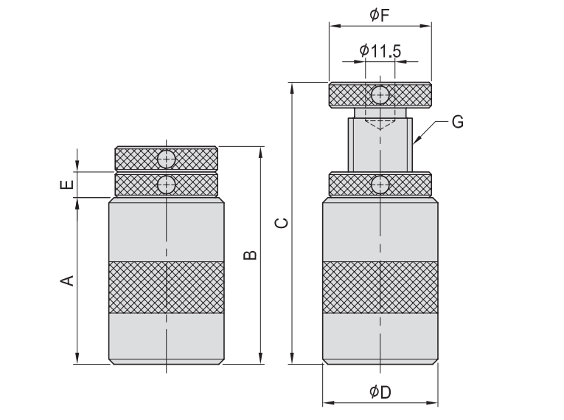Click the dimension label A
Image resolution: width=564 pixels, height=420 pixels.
point(67,280)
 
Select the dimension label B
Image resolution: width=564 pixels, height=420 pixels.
point(250,255)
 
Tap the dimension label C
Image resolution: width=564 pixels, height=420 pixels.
point(282,223)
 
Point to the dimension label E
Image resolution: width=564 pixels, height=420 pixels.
point(67,185)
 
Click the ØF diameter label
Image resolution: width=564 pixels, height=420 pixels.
point(380,15)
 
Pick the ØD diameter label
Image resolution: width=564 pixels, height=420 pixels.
point(380,392)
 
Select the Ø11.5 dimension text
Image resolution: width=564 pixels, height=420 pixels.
point(380,51)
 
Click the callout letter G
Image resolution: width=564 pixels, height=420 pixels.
point(458,122)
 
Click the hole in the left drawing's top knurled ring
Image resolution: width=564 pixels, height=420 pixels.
point(166,159)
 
